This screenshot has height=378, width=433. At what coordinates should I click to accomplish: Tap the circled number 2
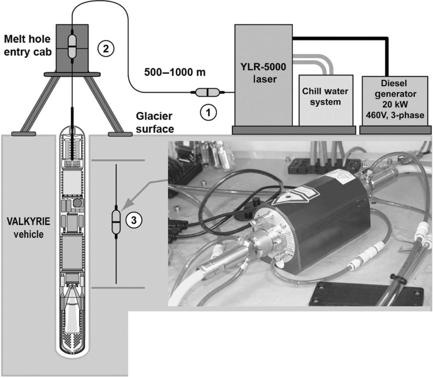(x=105, y=49)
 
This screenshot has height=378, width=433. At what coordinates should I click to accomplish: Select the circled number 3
(x=134, y=220)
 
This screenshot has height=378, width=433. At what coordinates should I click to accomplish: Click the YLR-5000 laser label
(x=264, y=73)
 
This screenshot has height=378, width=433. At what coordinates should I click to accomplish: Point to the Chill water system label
(x=325, y=97)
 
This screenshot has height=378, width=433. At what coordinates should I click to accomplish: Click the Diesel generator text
(x=395, y=89)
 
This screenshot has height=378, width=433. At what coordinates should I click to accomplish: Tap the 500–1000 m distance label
(x=175, y=72)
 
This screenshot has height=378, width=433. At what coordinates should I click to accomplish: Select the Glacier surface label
(x=155, y=122)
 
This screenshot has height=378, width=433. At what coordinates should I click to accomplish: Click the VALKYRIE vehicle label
(x=28, y=228)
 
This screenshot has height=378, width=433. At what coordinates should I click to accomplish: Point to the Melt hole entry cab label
(x=28, y=45)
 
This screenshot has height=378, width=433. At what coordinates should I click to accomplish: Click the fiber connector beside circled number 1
(x=208, y=92)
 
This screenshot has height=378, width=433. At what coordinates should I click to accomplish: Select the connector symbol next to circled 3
(x=116, y=222)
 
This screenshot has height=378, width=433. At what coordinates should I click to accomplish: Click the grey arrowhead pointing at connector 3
(x=128, y=206)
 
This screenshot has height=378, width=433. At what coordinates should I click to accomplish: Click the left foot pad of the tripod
(x=24, y=134)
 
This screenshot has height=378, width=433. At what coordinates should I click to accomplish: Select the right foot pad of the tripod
(x=120, y=134)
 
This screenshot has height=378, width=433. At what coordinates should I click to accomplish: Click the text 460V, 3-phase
(x=395, y=115)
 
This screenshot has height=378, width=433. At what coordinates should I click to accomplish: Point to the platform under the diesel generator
(x=395, y=130)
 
